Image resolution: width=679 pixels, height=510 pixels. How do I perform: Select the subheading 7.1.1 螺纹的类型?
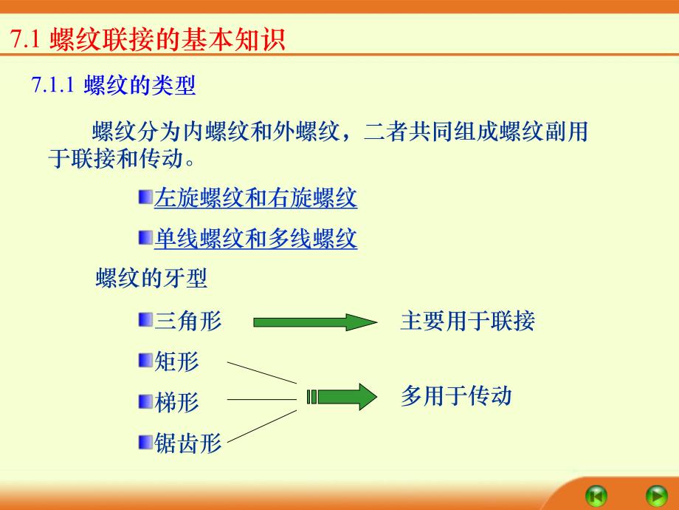(114, 86)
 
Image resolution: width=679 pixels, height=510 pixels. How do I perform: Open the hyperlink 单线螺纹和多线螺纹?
(255, 239)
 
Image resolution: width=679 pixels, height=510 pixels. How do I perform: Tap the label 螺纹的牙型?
(151, 279)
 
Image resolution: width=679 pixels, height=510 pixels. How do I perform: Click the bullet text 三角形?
(188, 321)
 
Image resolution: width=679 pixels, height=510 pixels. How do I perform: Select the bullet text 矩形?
(177, 361)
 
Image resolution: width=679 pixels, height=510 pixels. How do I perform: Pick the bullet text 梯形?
(177, 402)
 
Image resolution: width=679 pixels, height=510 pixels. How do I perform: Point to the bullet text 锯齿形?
(188, 443)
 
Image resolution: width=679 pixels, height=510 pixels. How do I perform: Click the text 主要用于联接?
(467, 321)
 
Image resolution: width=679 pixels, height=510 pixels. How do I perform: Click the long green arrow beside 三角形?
(314, 322)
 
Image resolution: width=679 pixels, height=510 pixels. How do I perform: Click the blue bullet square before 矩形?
(145, 361)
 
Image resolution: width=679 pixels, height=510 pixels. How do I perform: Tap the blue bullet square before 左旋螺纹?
(145, 197)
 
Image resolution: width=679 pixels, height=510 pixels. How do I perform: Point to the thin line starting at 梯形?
(262, 400)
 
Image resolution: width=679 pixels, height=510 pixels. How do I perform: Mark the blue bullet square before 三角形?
(145, 320)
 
